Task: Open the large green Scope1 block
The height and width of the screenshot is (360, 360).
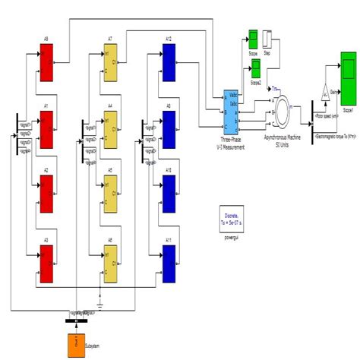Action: (349, 84)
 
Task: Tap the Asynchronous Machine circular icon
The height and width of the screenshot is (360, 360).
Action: (289, 110)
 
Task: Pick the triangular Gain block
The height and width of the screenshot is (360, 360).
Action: (325, 93)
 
